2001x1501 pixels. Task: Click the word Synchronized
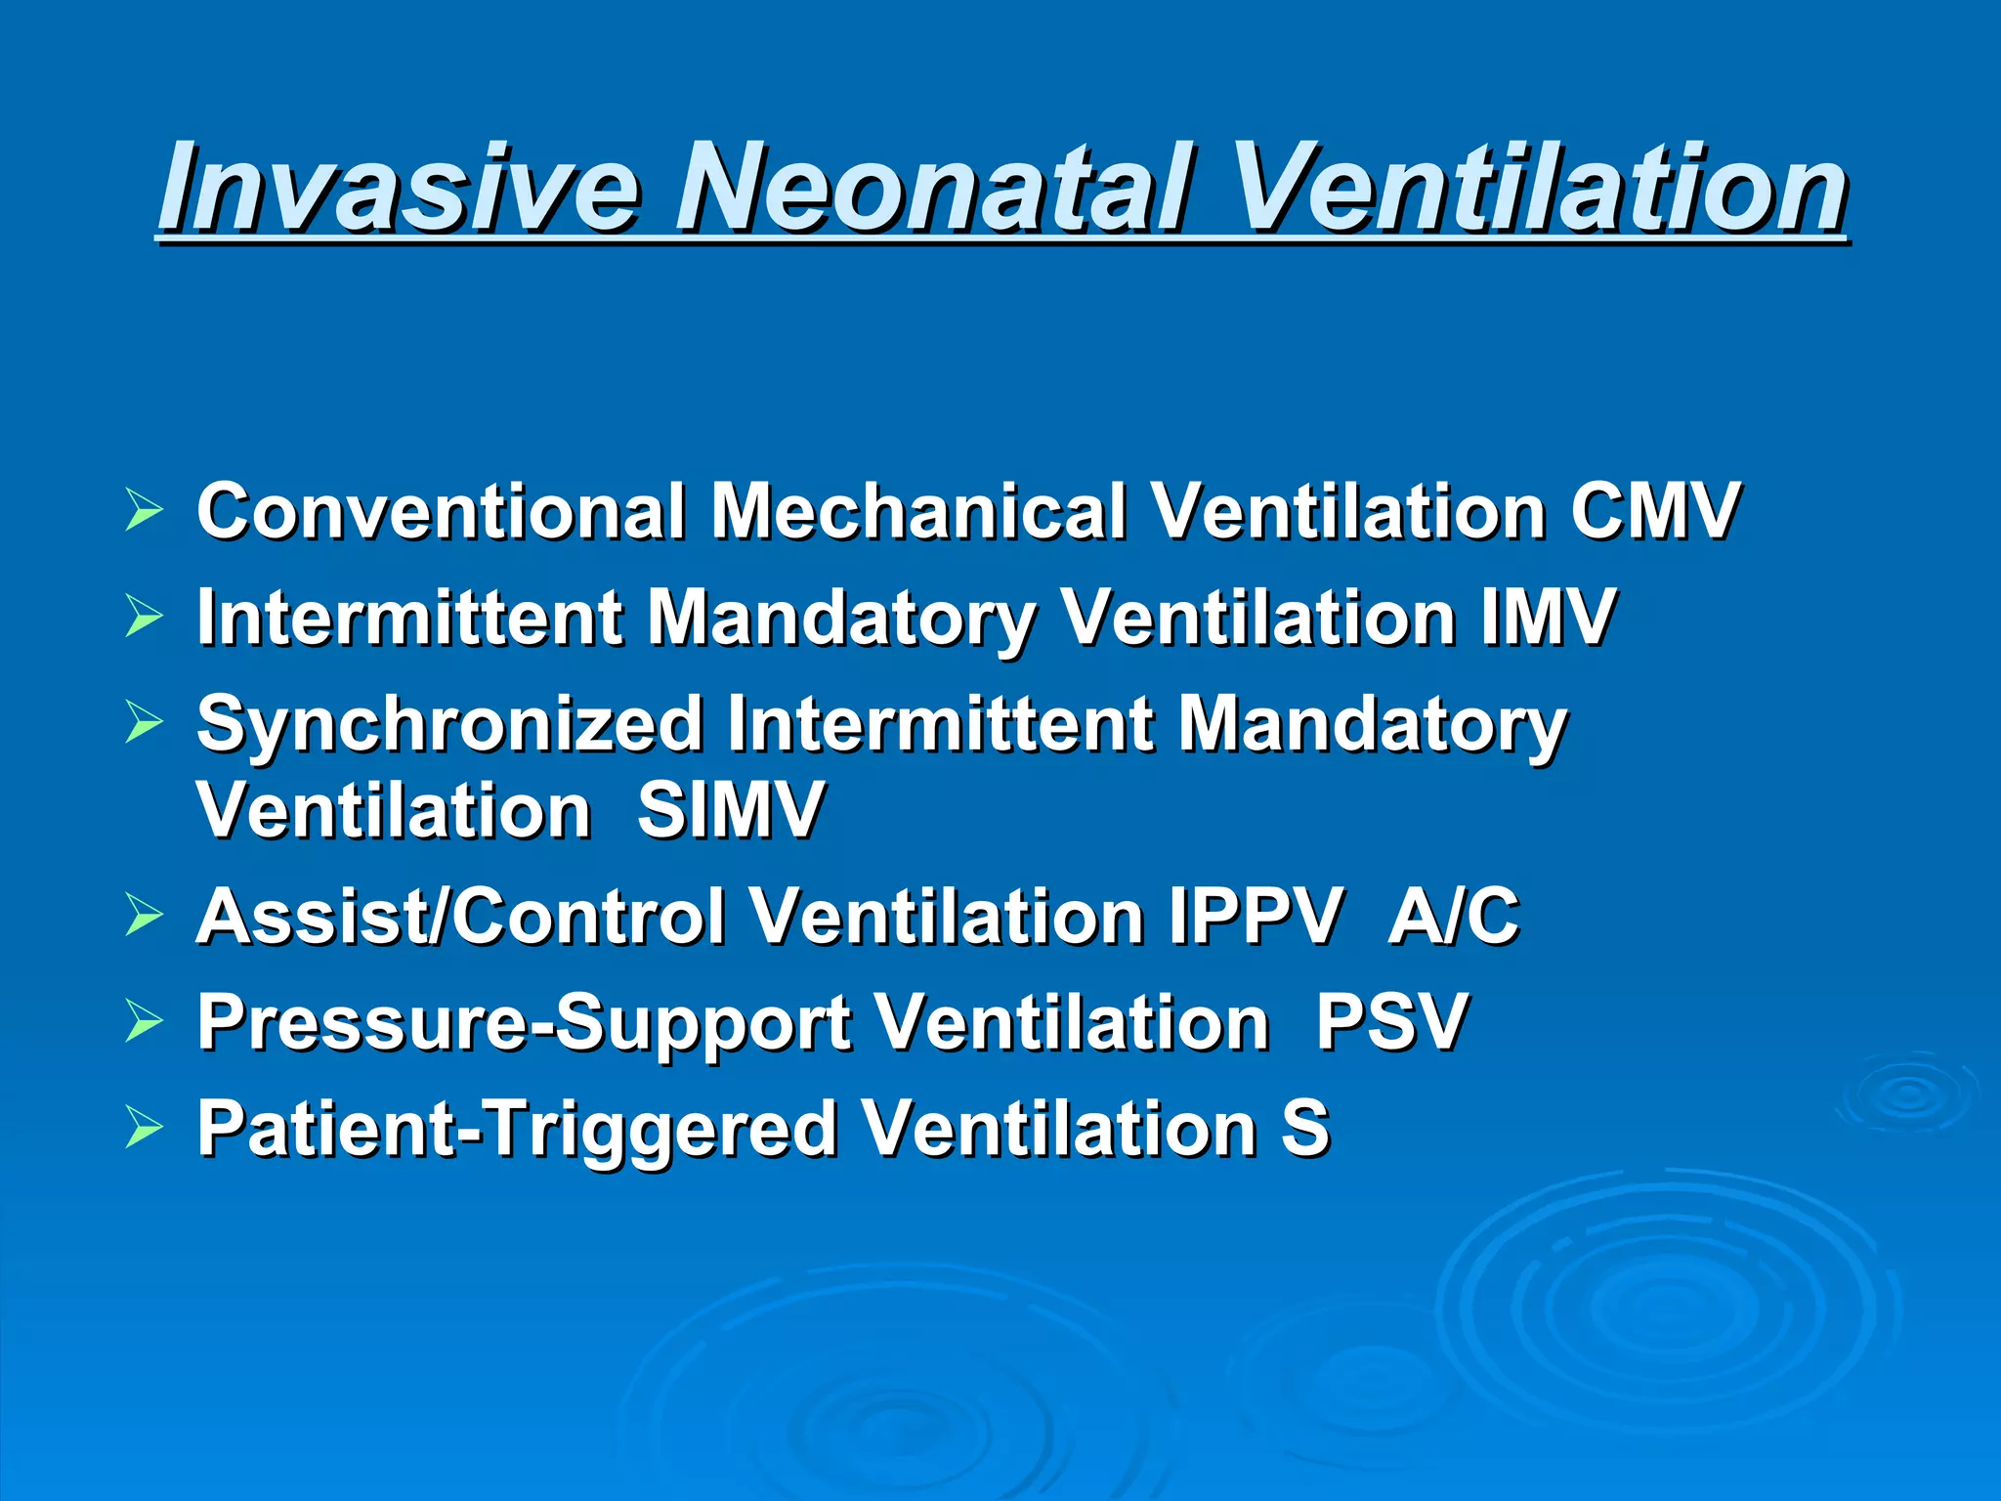(x=449, y=724)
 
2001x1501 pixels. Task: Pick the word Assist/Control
(x=460, y=917)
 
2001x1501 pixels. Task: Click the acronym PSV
(x=1392, y=1022)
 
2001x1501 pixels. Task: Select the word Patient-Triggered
(x=517, y=1130)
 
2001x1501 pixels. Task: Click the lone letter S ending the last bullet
(x=1305, y=1129)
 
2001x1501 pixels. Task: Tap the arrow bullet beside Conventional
(x=144, y=511)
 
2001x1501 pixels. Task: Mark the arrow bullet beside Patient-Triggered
(x=144, y=1129)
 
